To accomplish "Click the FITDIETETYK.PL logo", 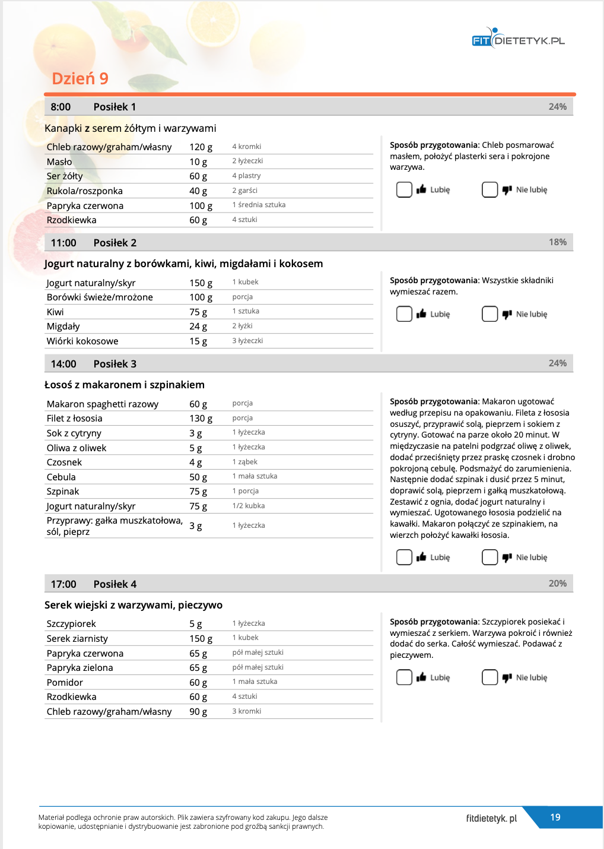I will pyautogui.click(x=518, y=39).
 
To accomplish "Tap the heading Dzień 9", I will pyautogui.click(x=80, y=78).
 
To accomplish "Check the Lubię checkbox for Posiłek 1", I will pyautogui.click(x=404, y=189).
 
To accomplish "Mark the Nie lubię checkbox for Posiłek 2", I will pyautogui.click(x=489, y=313).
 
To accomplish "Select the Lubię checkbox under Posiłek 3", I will pyautogui.click(x=404, y=557).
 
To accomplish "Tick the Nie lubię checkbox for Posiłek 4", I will pyautogui.click(x=489, y=677).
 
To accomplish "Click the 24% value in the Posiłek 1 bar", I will pyautogui.click(x=557, y=107).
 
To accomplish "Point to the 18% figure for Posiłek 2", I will pyautogui.click(x=557, y=242).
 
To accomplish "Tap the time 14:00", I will pyautogui.click(x=63, y=364).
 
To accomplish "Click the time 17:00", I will pyautogui.click(x=63, y=584).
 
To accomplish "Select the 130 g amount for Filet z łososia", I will pyautogui.click(x=201, y=419).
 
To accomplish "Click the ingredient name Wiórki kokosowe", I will pyautogui.click(x=82, y=341).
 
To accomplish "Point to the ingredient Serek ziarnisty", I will pyautogui.click(x=77, y=639).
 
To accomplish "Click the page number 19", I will pyautogui.click(x=555, y=818).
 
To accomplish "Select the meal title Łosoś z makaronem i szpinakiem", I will pyautogui.click(x=125, y=385).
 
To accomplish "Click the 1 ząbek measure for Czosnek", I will pyautogui.click(x=245, y=462).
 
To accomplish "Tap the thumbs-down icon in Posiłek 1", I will pyautogui.click(x=507, y=190).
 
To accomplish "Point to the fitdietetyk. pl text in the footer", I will pyautogui.click(x=491, y=818).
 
